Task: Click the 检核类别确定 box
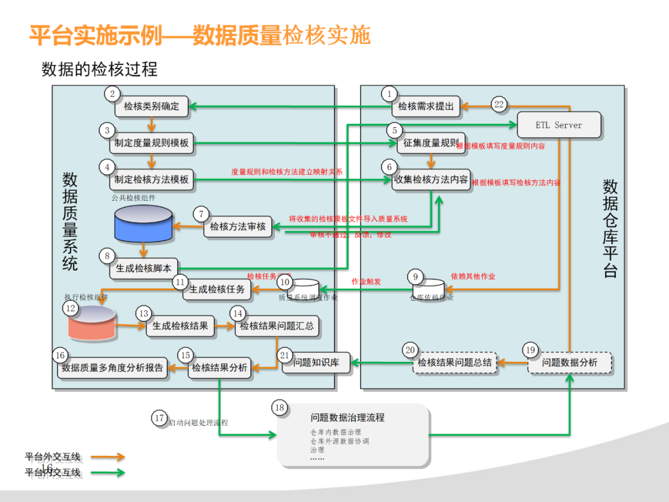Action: (151, 107)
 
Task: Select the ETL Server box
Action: (559, 125)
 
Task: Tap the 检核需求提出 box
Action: (426, 107)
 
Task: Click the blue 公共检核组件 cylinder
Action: (144, 224)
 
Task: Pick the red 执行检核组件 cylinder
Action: (92, 322)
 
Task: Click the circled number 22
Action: (499, 104)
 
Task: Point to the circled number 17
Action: (160, 418)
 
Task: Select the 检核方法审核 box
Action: (237, 227)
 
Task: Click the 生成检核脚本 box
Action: (144, 268)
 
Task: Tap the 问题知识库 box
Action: (316, 363)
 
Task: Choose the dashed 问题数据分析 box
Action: (569, 363)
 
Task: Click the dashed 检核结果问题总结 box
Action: (454, 363)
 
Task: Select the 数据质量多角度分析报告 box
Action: (112, 368)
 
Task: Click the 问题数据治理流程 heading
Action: (348, 418)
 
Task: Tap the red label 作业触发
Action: (366, 281)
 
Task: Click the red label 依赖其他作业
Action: (473, 276)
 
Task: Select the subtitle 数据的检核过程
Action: (99, 69)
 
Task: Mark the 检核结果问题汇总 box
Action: (277, 326)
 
